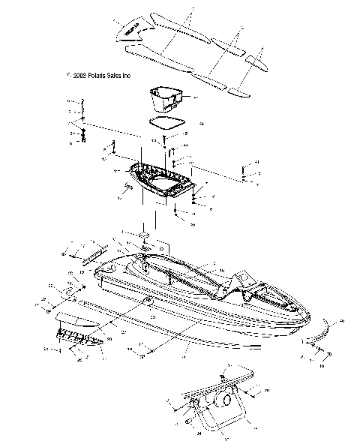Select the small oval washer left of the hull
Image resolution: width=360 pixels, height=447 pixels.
click(67, 289)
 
